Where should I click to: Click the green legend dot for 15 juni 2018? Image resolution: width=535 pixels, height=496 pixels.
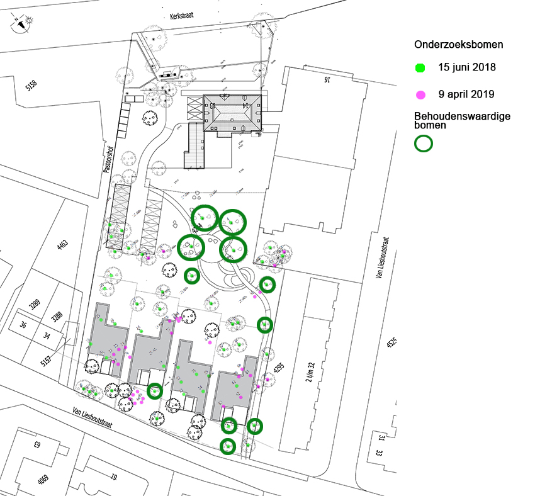pyautogui.click(x=421, y=67)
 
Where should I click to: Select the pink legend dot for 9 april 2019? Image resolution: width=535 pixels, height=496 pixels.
pyautogui.click(x=421, y=95)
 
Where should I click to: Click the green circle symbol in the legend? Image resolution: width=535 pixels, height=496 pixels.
pyautogui.click(x=424, y=143)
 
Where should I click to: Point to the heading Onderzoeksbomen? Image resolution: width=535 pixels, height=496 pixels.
pyautogui.click(x=458, y=45)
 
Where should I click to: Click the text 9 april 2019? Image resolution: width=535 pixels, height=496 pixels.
pyautogui.click(x=466, y=95)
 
